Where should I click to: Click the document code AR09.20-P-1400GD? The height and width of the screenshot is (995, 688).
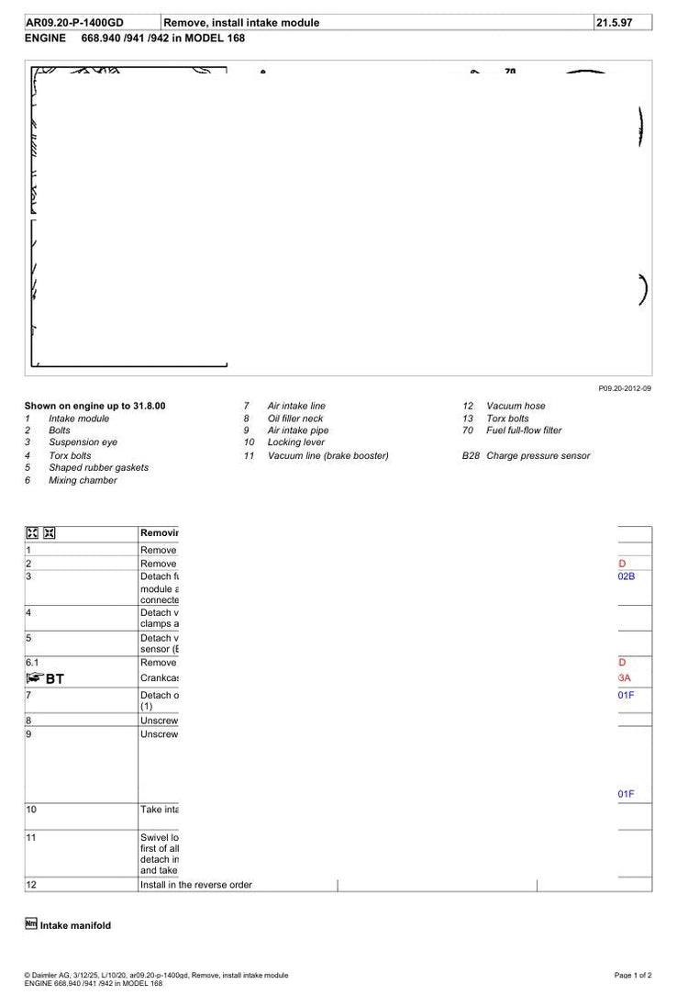click(x=74, y=23)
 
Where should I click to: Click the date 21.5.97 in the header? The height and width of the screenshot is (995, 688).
click(x=615, y=23)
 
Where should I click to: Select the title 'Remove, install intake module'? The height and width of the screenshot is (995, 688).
click(x=241, y=23)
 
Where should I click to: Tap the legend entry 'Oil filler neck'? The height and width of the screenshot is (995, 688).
click(x=294, y=419)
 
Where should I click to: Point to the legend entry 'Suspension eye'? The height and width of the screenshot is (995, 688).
click(x=83, y=442)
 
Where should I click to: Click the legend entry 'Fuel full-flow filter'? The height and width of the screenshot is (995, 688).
click(x=524, y=430)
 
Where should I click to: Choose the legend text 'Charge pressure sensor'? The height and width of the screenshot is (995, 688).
click(x=538, y=455)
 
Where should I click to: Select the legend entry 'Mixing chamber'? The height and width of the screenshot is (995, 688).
click(x=83, y=480)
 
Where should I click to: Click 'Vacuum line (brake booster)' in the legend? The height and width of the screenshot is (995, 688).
click(x=327, y=455)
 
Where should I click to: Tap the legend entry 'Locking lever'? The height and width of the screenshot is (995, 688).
click(x=295, y=442)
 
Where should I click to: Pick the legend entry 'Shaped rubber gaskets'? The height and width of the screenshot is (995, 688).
click(x=98, y=467)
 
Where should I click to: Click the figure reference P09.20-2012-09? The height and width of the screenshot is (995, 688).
click(x=625, y=389)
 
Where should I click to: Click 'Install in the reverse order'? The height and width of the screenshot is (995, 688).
click(x=195, y=885)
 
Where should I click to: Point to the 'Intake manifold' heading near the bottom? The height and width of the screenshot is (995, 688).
click(x=75, y=926)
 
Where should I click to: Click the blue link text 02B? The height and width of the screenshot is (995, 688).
click(x=627, y=576)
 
